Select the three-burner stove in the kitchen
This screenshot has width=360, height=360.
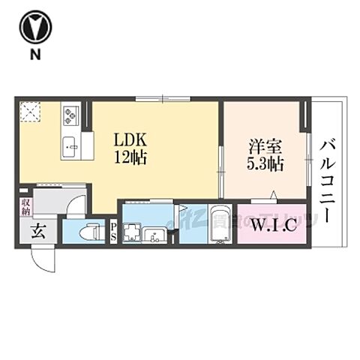[71, 115]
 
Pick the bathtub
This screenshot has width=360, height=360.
[220, 223]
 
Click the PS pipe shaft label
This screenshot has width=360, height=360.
[113, 232]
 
